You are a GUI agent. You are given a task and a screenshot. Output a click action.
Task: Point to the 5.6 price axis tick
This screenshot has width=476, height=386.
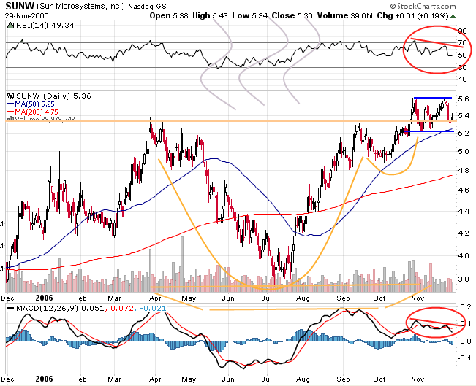click(462, 99)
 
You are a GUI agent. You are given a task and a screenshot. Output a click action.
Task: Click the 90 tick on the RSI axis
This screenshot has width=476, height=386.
click(462, 31)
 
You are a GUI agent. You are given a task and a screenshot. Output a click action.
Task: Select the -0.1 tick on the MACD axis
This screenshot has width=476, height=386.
click(462, 358)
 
